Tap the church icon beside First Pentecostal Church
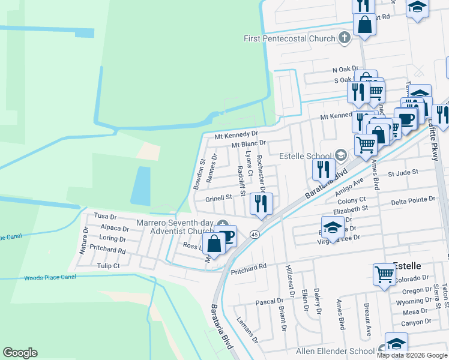(x=344, y=38)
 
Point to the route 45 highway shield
(x=255, y=233)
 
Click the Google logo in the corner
(x=20, y=353)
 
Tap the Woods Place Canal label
(x=50, y=278)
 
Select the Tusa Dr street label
(x=104, y=215)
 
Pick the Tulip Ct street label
(x=109, y=265)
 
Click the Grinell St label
(x=218, y=197)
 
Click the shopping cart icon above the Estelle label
(x=384, y=274)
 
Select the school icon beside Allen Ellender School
(x=396, y=343)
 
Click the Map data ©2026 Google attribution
(x=412, y=355)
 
